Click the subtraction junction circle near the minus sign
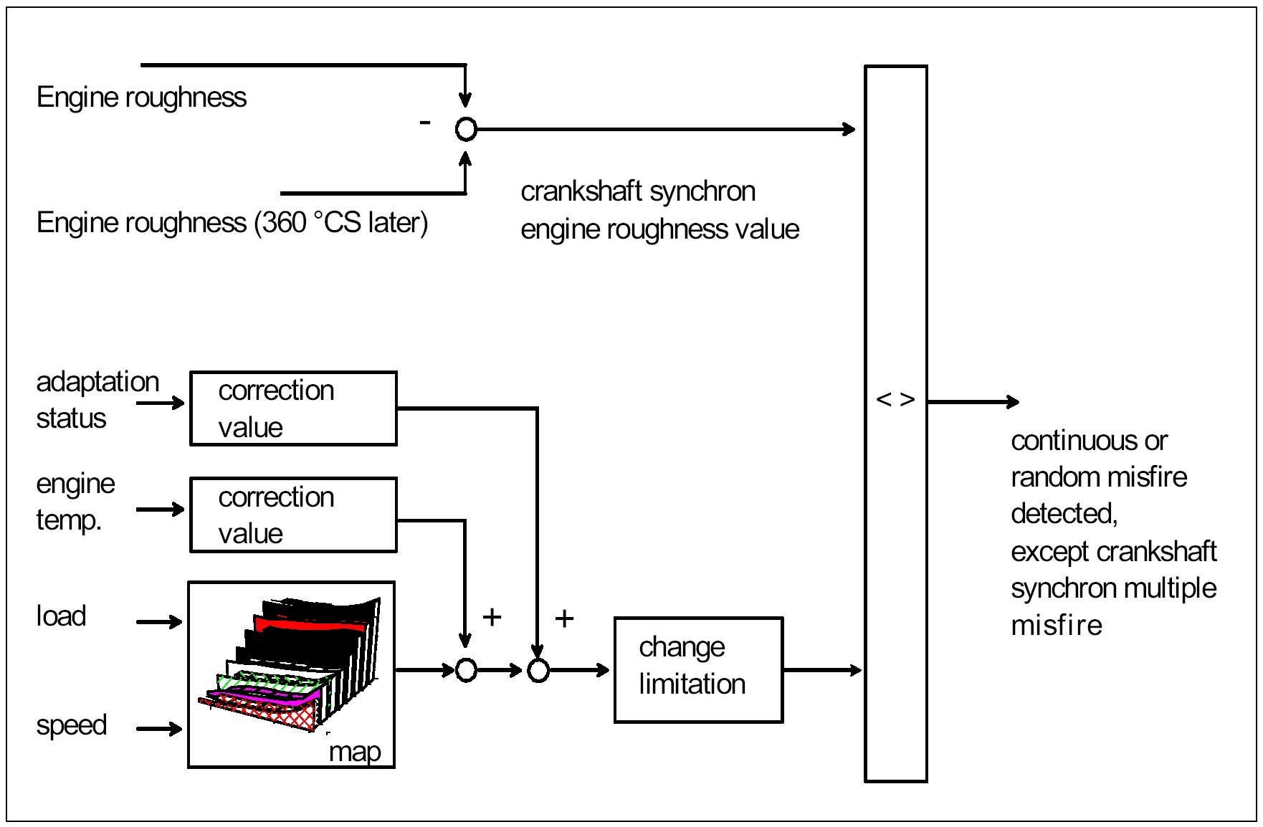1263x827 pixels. coord(466,129)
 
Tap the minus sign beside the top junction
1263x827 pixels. coord(425,123)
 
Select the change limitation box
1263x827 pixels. coord(697,669)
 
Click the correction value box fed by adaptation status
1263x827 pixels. coord(293,408)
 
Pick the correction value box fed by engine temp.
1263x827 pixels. coord(293,515)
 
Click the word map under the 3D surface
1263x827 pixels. coord(355,752)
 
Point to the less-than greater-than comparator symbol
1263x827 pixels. coord(895,399)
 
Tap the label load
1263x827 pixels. coord(61,616)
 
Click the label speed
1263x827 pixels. coord(72,725)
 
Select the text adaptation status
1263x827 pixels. coord(97,399)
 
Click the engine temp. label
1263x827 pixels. coord(75,501)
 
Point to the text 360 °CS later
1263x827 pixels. coord(341,223)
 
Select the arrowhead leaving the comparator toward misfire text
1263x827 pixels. coord(1013,401)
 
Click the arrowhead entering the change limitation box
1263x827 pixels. coord(604,670)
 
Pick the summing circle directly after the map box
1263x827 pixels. coord(466,670)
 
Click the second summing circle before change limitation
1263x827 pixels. coord(538,670)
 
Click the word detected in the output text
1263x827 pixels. coord(1064,514)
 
